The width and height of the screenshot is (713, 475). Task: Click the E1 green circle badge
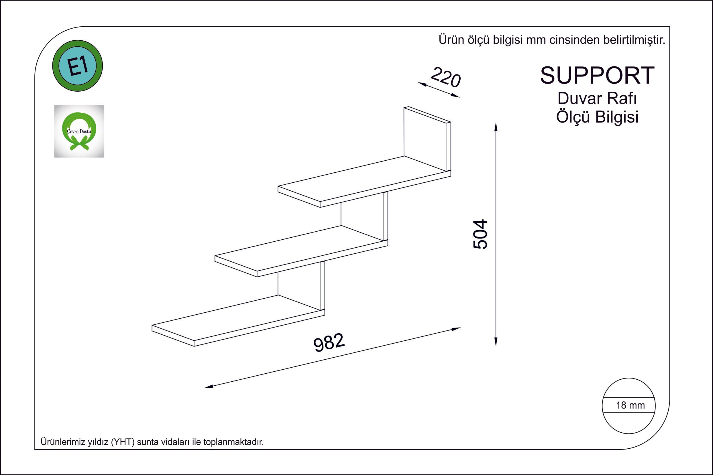click(78, 66)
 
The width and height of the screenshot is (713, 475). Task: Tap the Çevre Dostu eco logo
click(79, 131)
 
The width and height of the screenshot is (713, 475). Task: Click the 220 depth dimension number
click(445, 77)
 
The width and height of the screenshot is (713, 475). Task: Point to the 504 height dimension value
click(480, 234)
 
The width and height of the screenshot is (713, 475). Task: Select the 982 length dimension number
click(329, 342)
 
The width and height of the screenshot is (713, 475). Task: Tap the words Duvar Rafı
click(597, 98)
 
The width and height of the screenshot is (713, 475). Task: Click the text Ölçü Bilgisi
click(597, 117)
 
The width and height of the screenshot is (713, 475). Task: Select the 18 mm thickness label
click(630, 405)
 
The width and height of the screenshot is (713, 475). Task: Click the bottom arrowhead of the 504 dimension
click(496, 342)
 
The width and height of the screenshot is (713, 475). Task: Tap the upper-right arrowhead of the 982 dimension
click(456, 329)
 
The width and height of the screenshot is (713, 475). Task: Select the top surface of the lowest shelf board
click(236, 318)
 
